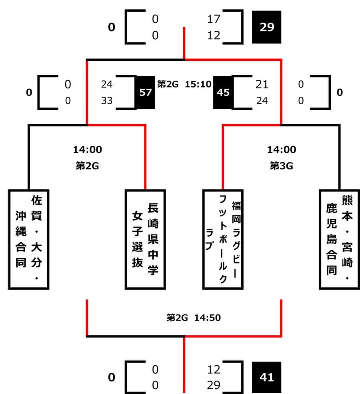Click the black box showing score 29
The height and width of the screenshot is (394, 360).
pos(267,28)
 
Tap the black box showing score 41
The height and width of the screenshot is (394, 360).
pos(267,377)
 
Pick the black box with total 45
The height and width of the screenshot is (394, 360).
pos(223,92)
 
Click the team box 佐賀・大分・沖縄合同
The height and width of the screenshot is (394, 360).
pos(29,239)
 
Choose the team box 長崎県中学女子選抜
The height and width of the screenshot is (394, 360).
pos(145,239)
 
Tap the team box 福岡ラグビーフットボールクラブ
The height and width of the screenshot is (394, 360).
pos(222,239)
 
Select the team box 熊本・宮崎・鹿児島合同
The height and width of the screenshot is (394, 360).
pos(339,239)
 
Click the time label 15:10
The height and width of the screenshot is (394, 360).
pos(196,84)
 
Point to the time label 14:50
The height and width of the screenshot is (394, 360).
pos(208,318)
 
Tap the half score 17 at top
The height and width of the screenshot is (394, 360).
pos(214,19)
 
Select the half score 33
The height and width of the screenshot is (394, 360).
pos(107,101)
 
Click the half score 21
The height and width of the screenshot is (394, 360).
pos(262,84)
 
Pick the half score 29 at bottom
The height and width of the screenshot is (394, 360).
pos(214,385)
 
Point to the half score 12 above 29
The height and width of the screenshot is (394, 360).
pos(214,369)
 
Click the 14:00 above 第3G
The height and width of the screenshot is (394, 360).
pos(282,150)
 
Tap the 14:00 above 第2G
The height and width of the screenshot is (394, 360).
pos(87,150)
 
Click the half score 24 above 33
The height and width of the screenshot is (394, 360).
pos(107,84)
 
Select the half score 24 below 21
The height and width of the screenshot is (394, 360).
pos(262,101)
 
